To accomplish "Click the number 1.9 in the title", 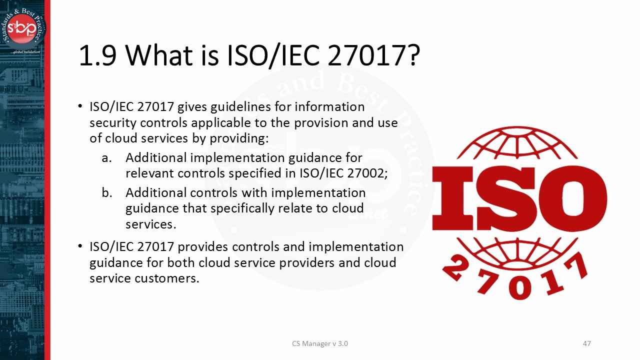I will click(x=97, y=56).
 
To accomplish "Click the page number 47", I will click(x=587, y=343).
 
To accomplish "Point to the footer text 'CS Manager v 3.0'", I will click(x=320, y=343).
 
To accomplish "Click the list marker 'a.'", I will click(x=106, y=158).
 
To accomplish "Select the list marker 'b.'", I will click(x=106, y=193).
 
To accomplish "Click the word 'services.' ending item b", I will click(x=150, y=224).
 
